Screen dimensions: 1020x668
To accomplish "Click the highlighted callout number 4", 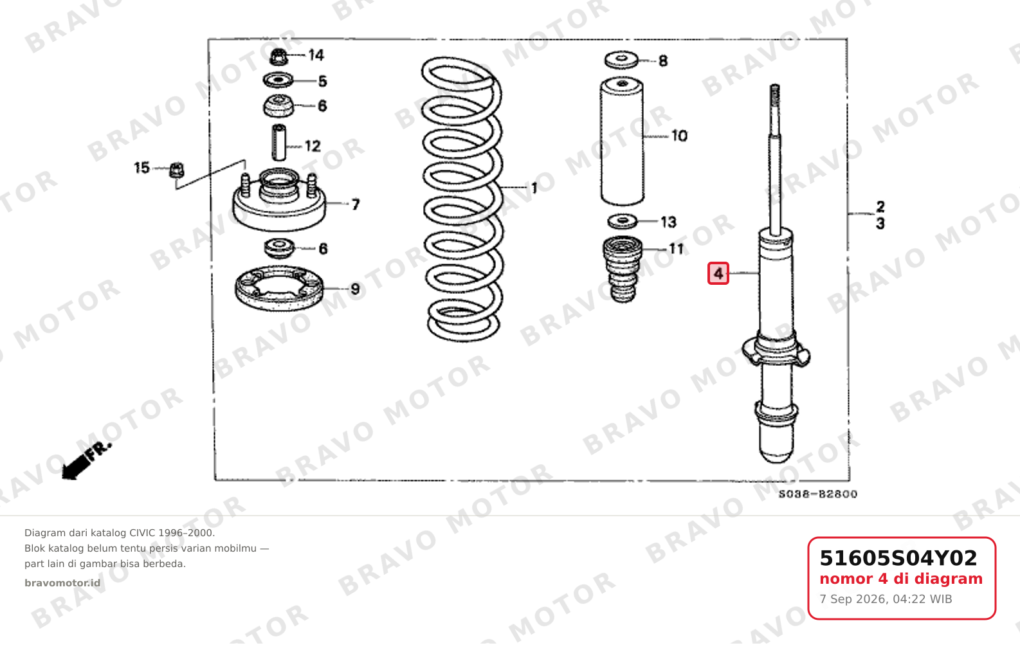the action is (718, 274).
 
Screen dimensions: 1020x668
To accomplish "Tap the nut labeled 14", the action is (278, 57).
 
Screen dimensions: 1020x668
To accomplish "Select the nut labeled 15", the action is (177, 170).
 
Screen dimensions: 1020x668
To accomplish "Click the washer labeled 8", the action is (621, 60).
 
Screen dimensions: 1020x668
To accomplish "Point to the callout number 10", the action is (679, 136).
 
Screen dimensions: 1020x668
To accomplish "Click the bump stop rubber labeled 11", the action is (623, 269).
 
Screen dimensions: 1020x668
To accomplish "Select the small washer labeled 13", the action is (623, 222).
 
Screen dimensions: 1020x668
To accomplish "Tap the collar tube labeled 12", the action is (278, 143).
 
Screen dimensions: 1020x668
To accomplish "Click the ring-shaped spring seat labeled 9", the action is (279, 288).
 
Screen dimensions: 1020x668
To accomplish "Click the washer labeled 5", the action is (278, 80).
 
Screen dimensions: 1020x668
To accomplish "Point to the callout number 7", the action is (356, 204).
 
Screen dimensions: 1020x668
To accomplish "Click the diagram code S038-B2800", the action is (818, 494).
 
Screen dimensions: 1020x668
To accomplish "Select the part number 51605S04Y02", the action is (898, 558).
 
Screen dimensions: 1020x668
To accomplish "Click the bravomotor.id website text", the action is (62, 583).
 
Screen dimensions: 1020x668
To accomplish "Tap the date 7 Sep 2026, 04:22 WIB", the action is (886, 599).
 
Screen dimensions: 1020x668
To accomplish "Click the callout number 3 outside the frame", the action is (880, 224).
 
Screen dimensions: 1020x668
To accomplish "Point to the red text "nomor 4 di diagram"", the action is (901, 579).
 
